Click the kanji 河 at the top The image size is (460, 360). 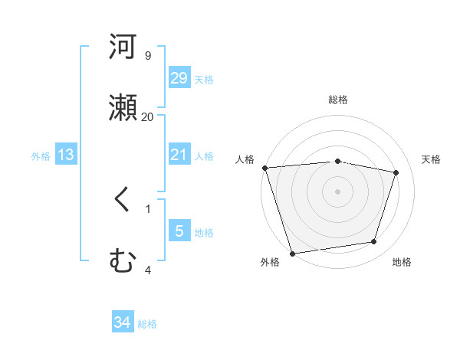coord(123,47)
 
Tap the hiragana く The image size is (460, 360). coord(123,201)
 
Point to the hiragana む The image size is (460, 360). coord(123,262)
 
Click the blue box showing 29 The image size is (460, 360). coord(179,78)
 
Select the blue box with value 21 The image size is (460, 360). coord(179,155)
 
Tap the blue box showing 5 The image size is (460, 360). coord(179,231)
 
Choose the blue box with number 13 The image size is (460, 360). coord(66,155)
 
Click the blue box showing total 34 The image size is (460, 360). coord(123,323)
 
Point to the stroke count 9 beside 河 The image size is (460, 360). coord(147,55)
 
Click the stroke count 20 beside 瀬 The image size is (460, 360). coord(147,116)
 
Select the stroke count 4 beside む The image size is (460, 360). coord(147,270)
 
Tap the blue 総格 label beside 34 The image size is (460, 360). coord(147,324)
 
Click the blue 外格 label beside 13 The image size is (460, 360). coord(41,155)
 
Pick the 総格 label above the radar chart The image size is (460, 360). coord(338,100)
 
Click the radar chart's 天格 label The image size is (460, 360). coord(431,159)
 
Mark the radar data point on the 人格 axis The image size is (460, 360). coord(264,168)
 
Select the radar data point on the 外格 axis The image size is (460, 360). coord(292,253)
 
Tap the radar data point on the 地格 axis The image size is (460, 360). coord(374,242)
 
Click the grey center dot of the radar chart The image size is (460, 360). coord(337,191)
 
